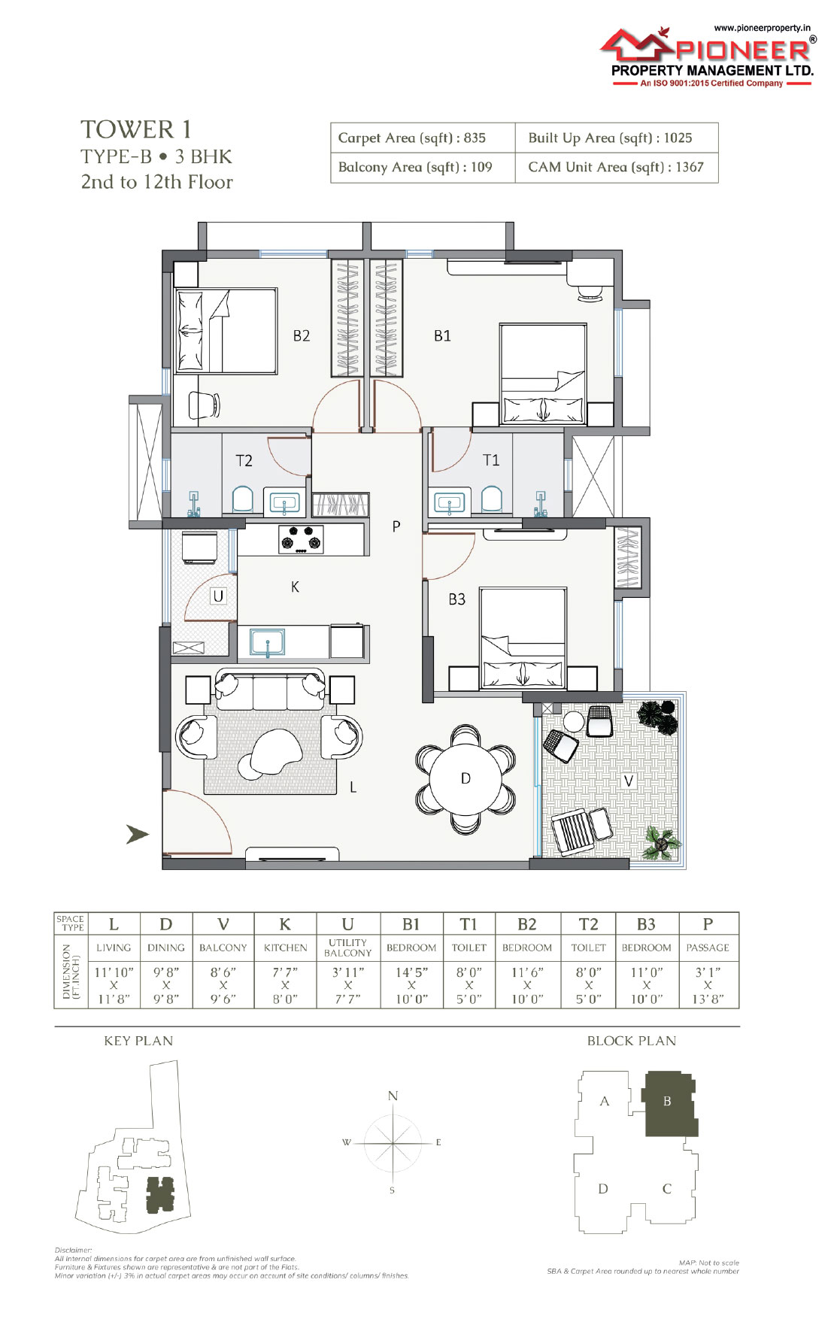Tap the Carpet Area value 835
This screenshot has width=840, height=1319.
[x=475, y=138]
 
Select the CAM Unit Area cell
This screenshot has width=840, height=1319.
[x=616, y=167]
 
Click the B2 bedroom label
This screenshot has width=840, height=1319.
[x=302, y=335]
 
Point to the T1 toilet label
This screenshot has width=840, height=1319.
[x=490, y=459]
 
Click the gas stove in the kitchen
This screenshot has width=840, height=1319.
[x=301, y=540]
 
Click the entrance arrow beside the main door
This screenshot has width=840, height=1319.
[x=137, y=834]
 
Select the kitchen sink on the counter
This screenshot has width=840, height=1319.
[x=268, y=643]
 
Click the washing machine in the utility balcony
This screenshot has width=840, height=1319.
[x=199, y=547]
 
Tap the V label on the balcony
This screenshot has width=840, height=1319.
[x=629, y=781]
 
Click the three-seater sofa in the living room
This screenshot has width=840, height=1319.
[x=270, y=689]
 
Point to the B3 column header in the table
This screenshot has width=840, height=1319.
[x=646, y=924]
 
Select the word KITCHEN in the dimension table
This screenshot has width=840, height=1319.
[x=286, y=948]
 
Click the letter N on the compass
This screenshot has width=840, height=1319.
[x=393, y=1096]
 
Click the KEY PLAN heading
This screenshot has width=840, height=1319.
[x=138, y=1041]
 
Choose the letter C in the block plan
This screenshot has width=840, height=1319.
[x=666, y=1189]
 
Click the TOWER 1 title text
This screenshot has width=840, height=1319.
[x=136, y=129]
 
